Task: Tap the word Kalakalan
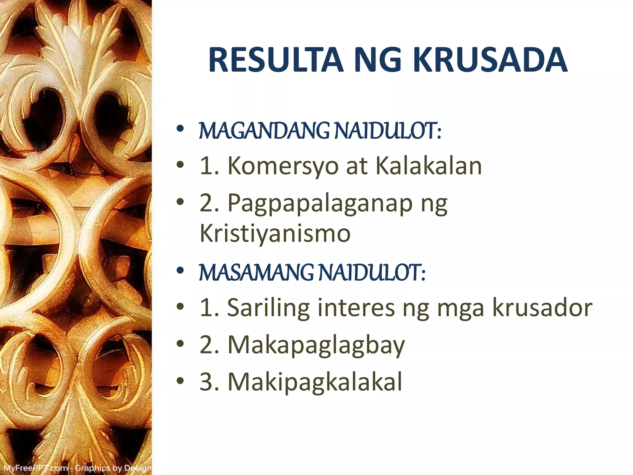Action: pyautogui.click(x=428, y=166)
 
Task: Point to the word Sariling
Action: pyautogui.click(x=268, y=308)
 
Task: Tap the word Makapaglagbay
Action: pyautogui.click(x=316, y=346)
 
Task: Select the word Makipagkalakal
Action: pyautogui.click(x=315, y=382)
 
